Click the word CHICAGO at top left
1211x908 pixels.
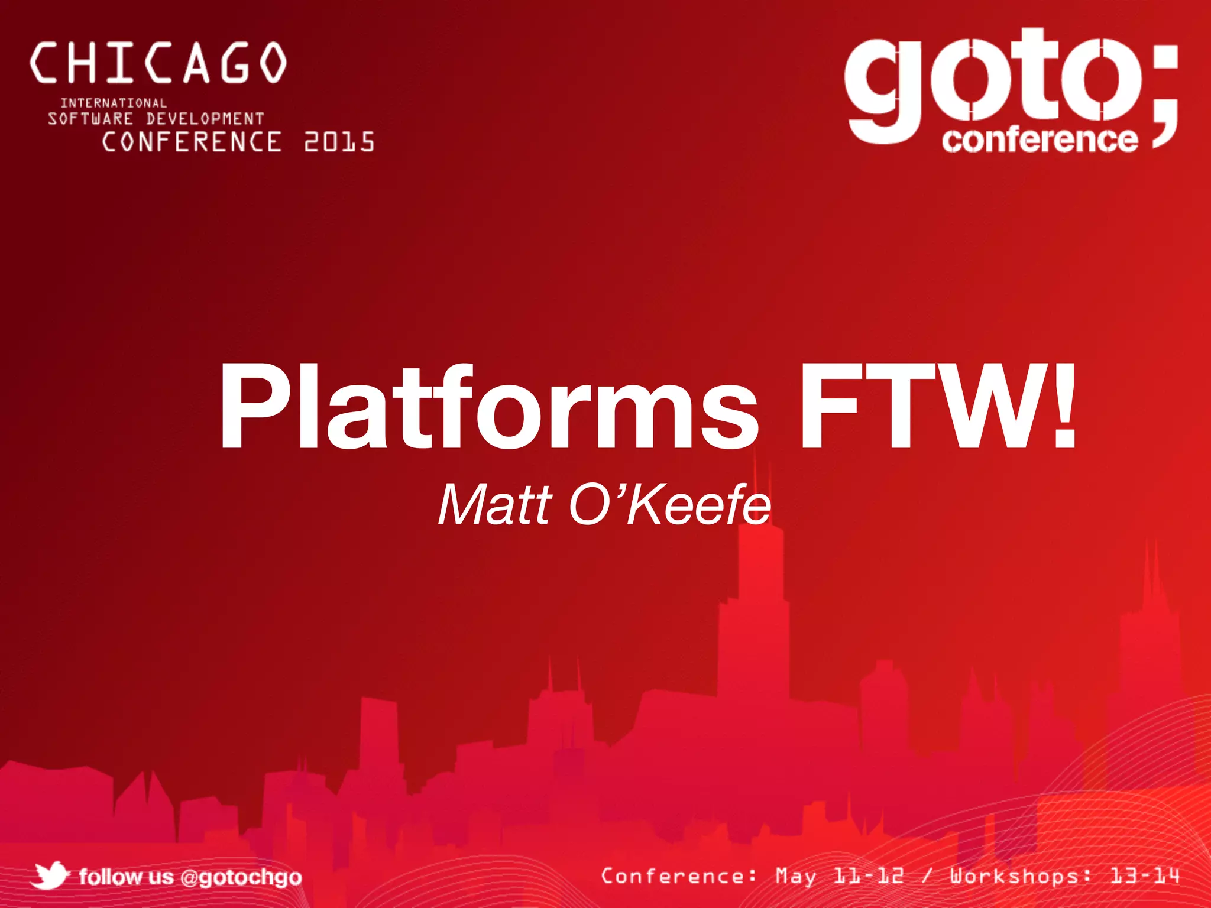tap(158, 63)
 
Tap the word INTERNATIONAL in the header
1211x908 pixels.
tap(114, 103)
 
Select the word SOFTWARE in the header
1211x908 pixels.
tap(90, 119)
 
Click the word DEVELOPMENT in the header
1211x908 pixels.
tap(205, 119)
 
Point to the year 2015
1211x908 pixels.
tap(339, 142)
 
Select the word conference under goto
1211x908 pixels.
tap(1040, 140)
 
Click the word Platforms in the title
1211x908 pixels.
tap(488, 408)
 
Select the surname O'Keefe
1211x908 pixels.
tap(670, 505)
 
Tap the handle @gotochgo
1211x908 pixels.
tap(241, 877)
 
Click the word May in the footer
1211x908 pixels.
tap(795, 876)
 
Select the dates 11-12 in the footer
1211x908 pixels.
tap(869, 876)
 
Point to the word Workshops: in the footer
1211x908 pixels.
tap(1021, 876)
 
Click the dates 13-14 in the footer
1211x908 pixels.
tap(1145, 876)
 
